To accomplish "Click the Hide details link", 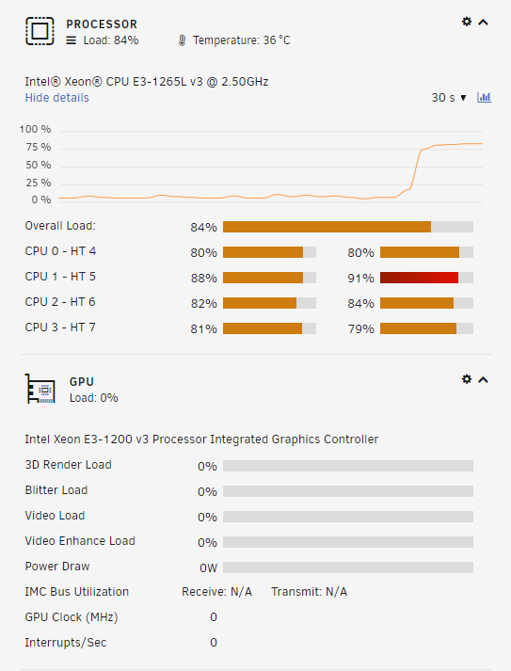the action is pos(56,98).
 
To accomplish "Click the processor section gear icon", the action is pos(467,22).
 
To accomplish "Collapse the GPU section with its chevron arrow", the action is pos(483,379).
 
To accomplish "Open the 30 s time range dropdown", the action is pos(449,98).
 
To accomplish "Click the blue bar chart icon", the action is pos(484,98).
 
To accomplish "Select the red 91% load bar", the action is pos(419,278).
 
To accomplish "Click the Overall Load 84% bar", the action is pos(327,227).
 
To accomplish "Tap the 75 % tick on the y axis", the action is pos(38,147).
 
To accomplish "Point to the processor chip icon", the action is pos(40,31).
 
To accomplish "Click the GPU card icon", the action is pos(40,389).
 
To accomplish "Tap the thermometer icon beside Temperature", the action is pos(182,40).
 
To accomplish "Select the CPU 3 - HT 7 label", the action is pos(60,328).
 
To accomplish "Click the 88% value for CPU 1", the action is pos(203,279).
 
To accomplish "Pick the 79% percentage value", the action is pos(360,329).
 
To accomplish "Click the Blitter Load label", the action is pos(56,490).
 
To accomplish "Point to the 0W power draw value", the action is pos(208,567).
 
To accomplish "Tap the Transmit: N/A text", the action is pos(309,592).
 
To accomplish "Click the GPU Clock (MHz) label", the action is pos(72,617).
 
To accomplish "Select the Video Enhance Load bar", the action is pos(348,542).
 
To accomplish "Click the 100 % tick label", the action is pos(35,129).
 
